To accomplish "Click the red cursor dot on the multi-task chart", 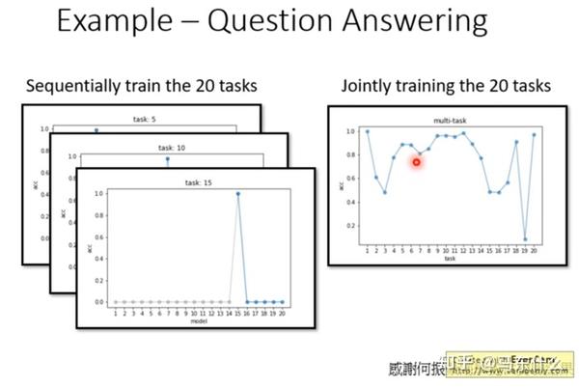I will click(417, 162).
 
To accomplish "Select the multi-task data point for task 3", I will click(385, 192).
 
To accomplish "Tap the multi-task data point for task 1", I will click(367, 131).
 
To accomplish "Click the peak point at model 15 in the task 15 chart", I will click(237, 194).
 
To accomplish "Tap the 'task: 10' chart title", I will click(170, 149).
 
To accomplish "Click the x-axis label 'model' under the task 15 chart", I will click(198, 320).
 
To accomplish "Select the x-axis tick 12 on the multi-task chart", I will click(463, 250).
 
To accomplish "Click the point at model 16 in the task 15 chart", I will click(247, 301).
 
